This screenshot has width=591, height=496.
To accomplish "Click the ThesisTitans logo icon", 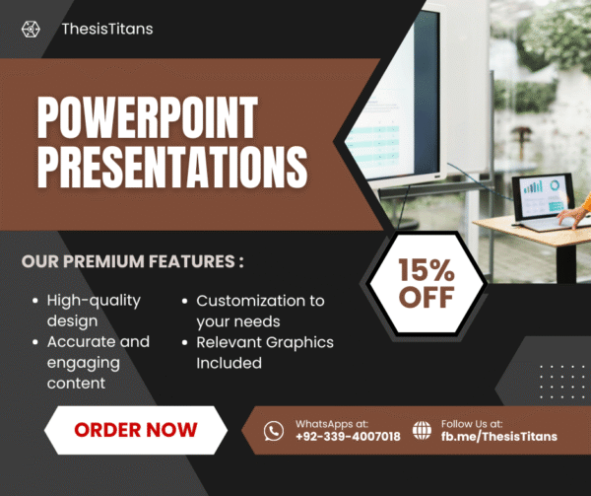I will pos(31,29).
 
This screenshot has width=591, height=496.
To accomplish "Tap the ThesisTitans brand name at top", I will pos(107,29).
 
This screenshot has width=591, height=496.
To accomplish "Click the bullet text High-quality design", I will pos(94,310).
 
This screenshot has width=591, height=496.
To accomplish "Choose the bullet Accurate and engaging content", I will pos(98,352).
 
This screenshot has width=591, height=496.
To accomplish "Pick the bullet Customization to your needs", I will pos(260,311).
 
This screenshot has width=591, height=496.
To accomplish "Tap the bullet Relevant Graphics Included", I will pos(264,352).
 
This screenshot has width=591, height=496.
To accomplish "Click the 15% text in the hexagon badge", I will pos(426,266).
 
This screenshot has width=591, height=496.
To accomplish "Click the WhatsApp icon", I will pos(273,430).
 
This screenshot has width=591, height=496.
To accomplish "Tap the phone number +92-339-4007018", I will pos(348,437).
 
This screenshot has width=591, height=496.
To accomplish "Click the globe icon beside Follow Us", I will pos(422,430).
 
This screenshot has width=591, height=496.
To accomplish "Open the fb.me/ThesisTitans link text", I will pos(499,437).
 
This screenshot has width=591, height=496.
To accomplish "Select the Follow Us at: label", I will pos(473,423).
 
